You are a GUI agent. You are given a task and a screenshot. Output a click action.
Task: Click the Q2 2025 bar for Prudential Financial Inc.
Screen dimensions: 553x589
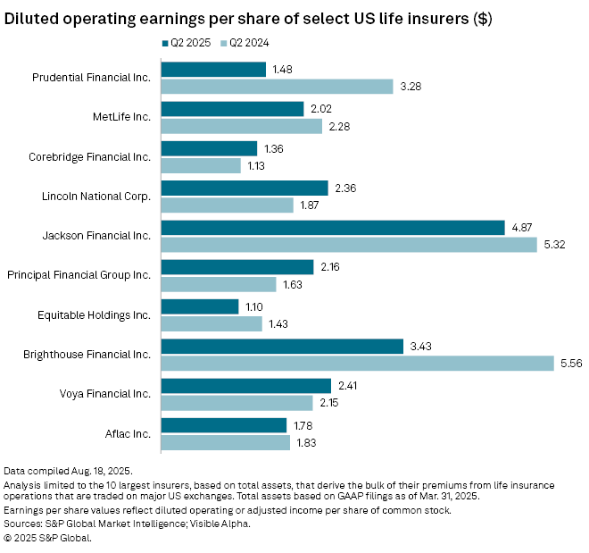point(213,70)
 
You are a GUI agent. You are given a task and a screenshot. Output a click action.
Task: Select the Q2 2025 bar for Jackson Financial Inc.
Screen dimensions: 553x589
point(333,228)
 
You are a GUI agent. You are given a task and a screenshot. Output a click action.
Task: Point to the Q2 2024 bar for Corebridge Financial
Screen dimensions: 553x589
point(201,165)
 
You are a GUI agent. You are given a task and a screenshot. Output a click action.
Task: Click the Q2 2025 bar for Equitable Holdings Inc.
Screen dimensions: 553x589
point(200,306)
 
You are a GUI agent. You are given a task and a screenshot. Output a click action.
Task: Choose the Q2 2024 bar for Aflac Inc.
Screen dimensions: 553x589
point(225,443)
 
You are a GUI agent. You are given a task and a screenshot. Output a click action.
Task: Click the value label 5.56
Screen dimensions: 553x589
point(569,364)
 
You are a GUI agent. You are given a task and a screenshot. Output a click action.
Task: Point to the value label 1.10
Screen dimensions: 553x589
point(254,306)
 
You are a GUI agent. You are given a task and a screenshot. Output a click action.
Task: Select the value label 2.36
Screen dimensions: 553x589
point(344,188)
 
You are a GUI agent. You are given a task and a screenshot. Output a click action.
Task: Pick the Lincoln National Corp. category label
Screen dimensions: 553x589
point(96,196)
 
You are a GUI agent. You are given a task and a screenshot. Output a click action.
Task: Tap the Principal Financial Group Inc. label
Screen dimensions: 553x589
point(80,275)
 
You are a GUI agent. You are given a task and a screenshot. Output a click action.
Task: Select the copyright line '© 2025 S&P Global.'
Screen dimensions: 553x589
point(48,538)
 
